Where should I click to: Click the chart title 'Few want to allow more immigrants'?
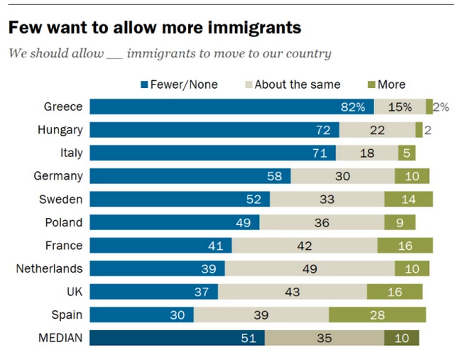(154, 28)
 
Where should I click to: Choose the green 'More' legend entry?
(387, 84)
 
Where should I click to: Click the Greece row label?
(63, 107)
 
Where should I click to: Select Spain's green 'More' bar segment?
(377, 315)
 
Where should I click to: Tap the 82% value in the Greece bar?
(353, 107)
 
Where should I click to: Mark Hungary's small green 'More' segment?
(419, 130)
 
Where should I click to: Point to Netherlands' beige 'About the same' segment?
(310, 268)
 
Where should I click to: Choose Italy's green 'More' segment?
(407, 153)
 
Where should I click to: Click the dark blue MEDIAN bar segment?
(178, 338)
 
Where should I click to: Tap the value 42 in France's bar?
(305, 246)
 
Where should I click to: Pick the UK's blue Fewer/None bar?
(154, 292)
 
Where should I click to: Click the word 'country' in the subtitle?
(309, 54)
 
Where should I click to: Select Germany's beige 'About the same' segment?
(342, 176)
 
